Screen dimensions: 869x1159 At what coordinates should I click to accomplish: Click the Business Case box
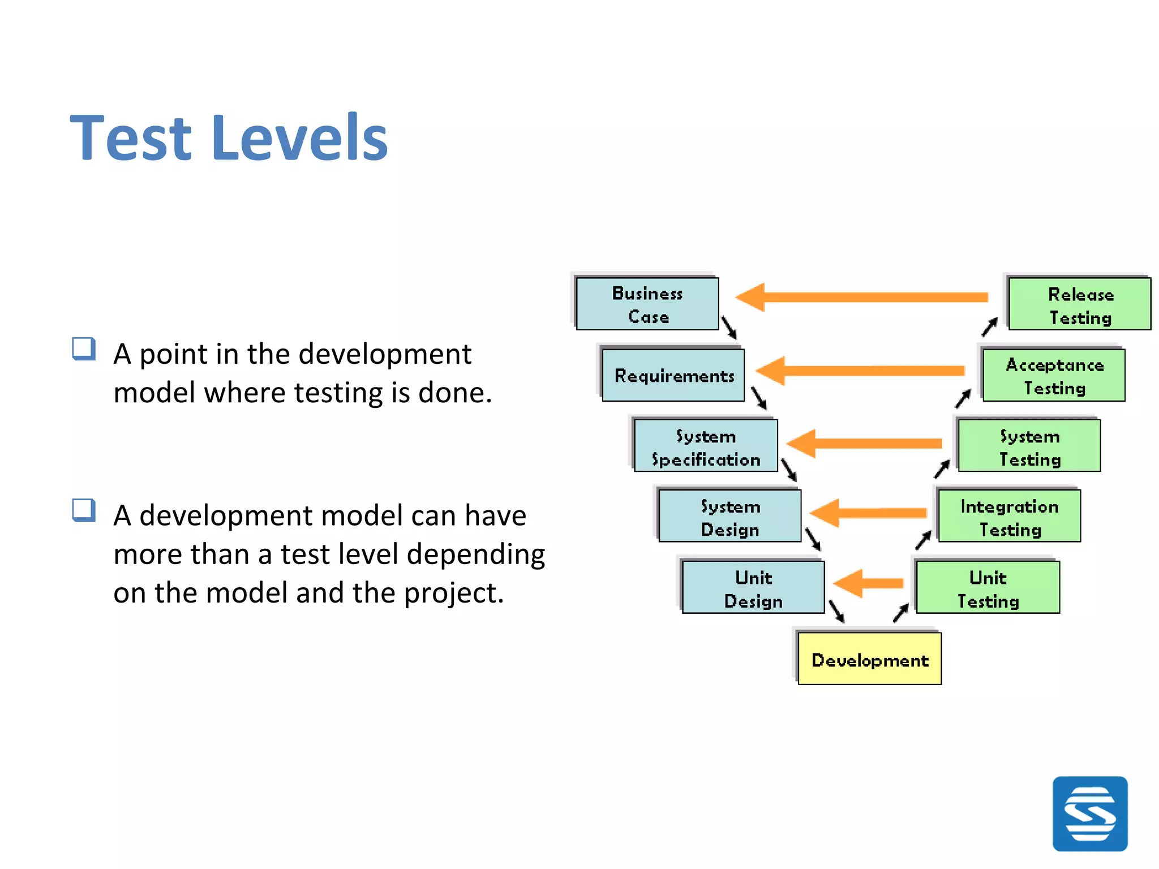[647, 304]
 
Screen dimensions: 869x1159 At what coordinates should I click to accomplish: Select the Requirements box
[673, 375]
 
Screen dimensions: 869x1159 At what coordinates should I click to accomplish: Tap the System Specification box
[706, 446]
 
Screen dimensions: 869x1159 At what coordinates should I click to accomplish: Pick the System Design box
[730, 516]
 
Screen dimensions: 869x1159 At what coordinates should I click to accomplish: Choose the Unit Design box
[753, 587]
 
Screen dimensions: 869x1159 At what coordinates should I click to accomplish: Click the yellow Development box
[869, 659]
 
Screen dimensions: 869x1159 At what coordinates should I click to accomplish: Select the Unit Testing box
[988, 587]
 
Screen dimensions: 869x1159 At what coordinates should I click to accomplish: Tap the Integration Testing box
[1010, 516]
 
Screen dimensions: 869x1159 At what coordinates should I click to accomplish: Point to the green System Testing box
[1029, 446]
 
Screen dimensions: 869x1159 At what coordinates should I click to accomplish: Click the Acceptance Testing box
[1054, 375]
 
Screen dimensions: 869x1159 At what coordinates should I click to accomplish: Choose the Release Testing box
[1080, 304]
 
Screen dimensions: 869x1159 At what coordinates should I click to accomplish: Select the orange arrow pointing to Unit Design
[869, 583]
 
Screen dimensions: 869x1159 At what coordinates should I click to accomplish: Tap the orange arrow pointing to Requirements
[861, 371]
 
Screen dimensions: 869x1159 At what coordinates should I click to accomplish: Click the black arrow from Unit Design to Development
[836, 611]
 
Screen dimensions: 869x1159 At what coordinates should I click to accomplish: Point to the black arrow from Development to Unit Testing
[901, 613]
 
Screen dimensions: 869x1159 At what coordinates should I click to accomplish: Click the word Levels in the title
[299, 138]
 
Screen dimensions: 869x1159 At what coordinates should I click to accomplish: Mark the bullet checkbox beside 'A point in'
[83, 349]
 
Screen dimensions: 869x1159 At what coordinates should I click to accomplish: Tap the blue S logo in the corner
[1089, 814]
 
